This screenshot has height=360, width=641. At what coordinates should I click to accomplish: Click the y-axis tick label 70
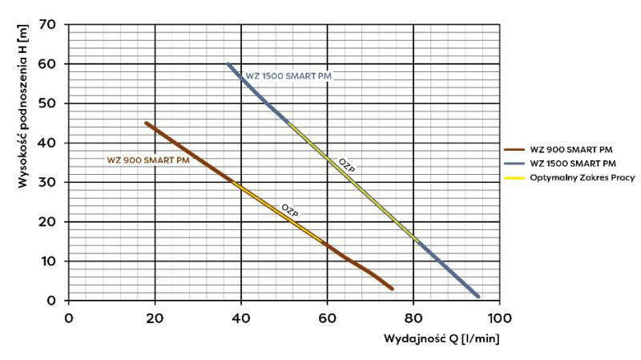tap(49, 24)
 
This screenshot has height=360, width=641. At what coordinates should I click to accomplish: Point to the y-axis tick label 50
tap(49, 103)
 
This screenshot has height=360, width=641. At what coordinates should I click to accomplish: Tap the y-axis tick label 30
tap(49, 182)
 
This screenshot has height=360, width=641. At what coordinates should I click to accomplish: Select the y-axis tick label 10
tap(49, 261)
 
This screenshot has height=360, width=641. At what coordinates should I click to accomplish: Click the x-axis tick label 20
tap(155, 318)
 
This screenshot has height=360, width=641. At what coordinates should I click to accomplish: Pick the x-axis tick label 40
tap(240, 318)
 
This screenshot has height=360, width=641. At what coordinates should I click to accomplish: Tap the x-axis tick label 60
tap(327, 318)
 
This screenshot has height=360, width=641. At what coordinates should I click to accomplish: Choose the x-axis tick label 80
tap(413, 318)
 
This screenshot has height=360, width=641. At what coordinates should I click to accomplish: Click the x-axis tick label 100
tap(498, 318)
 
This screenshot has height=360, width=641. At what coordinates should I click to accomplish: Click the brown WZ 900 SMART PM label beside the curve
tap(148, 160)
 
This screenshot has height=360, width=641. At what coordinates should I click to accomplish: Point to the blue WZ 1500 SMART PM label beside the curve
tap(288, 76)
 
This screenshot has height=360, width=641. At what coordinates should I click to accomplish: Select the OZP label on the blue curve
tap(346, 164)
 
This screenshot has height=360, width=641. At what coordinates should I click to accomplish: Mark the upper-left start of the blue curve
tap(228, 63)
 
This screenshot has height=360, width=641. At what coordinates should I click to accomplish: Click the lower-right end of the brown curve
tap(391, 288)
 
